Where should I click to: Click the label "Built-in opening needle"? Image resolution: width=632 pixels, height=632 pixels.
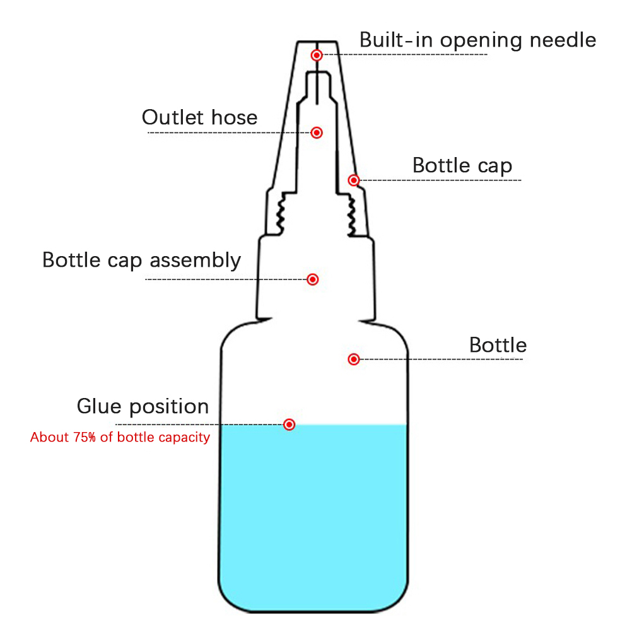pyautogui.click(x=477, y=40)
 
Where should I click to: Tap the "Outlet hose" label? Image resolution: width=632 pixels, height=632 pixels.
pyautogui.click(x=199, y=117)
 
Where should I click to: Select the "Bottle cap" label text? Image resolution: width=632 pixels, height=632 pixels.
pyautogui.click(x=462, y=166)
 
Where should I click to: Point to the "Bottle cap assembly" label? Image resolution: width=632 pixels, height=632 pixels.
pyautogui.click(x=141, y=260)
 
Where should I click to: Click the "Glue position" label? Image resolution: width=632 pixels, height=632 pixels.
pyautogui.click(x=143, y=406)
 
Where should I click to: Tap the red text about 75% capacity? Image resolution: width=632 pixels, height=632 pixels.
pyautogui.click(x=120, y=437)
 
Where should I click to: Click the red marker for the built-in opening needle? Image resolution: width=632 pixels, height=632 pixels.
pyautogui.click(x=317, y=56)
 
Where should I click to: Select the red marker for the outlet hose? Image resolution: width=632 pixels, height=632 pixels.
pyautogui.click(x=317, y=132)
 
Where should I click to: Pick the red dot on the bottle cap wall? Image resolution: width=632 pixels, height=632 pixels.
pyautogui.click(x=354, y=180)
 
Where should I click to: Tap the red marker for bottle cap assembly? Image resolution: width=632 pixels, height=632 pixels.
pyautogui.click(x=312, y=279)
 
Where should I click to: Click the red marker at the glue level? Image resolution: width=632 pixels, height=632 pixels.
pyautogui.click(x=289, y=424)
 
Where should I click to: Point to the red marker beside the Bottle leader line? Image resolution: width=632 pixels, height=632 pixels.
pyautogui.click(x=354, y=360)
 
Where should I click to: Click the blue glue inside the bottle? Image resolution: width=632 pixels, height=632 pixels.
pyautogui.click(x=313, y=517)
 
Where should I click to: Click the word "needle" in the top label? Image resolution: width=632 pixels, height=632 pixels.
pyautogui.click(x=563, y=40)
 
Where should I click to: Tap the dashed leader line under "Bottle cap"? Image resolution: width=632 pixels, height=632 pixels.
pyautogui.click(x=442, y=180)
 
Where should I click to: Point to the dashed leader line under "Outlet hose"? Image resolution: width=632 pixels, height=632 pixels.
pyautogui.click(x=227, y=132)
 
